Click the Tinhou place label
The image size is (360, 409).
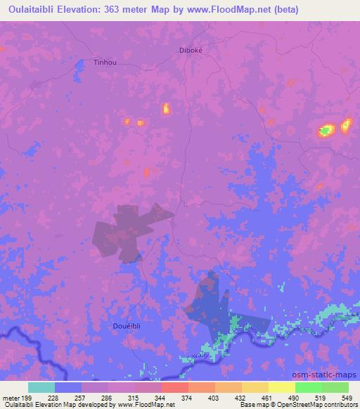pos(104,62)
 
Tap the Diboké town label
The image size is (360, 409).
pos(191,50)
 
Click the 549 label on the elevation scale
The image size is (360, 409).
pos(345,398)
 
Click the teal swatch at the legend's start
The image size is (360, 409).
pos(41,387)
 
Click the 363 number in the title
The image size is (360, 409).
pos(127,9)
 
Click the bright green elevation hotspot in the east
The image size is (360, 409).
pos(326,130)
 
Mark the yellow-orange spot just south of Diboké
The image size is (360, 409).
pos(167,108)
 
